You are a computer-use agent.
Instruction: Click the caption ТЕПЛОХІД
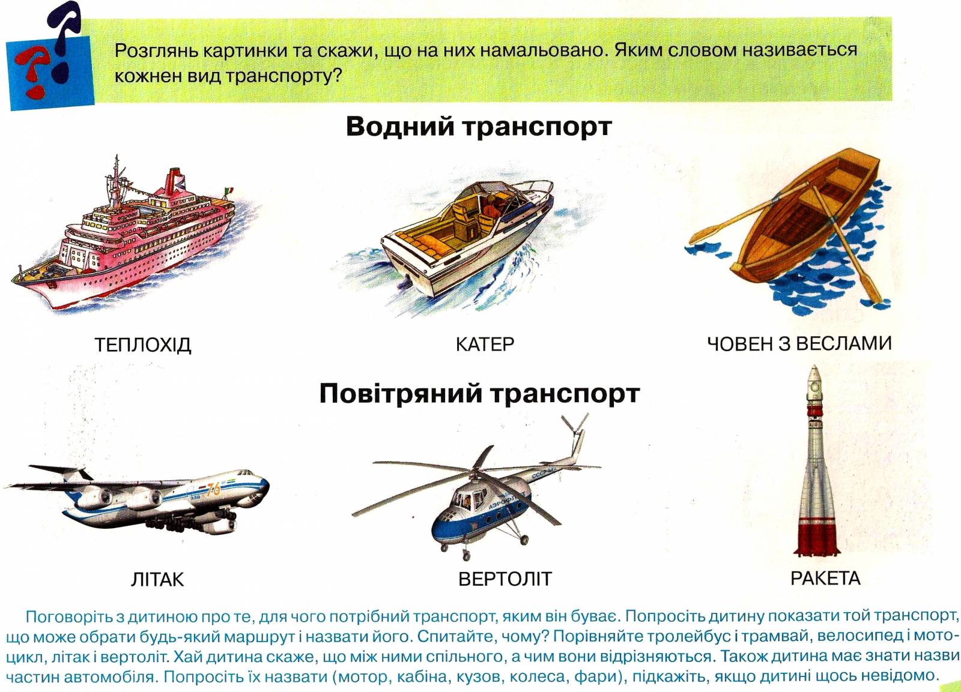click(142, 344)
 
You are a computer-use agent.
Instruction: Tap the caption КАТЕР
click(484, 344)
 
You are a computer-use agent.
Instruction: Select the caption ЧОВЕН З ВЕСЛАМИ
click(799, 343)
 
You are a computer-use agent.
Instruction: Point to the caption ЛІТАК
click(157, 580)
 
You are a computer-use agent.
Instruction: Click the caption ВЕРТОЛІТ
click(505, 579)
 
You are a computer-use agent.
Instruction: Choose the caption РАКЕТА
click(825, 579)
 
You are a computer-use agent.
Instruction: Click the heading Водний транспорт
click(479, 127)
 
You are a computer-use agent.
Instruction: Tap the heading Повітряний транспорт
click(480, 393)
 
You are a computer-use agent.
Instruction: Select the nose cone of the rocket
click(814, 375)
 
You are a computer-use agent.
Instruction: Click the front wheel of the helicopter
click(466, 556)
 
